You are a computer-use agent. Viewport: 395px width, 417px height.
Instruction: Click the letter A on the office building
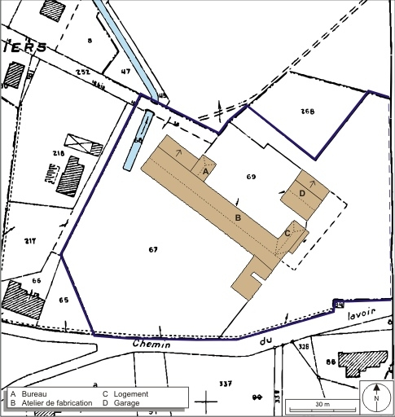pos(205,172)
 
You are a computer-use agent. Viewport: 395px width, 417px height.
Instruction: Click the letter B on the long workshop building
pos(238,217)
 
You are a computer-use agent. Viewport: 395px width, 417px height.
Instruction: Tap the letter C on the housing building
pos(287,233)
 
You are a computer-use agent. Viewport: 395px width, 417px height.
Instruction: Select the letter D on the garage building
pos(302,192)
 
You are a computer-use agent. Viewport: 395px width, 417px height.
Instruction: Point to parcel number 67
pos(152,248)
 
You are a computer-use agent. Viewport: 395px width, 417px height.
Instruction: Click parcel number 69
pos(251,176)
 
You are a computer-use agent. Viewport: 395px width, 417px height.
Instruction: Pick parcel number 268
pos(307,111)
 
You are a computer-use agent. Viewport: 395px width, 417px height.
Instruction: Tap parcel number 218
pos(58,153)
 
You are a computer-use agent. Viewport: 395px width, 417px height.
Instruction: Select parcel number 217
pos(30,240)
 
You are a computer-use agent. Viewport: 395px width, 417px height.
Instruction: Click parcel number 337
pos(226,382)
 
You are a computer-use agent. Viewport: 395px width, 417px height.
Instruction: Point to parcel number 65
pos(64,300)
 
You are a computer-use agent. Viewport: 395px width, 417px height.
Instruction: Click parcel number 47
pos(125,72)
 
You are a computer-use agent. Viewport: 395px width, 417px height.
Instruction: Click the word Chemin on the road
pos(151,345)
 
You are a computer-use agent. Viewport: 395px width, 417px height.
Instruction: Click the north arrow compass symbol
pos(376,397)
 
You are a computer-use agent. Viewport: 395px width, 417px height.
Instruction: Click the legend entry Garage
pos(126,403)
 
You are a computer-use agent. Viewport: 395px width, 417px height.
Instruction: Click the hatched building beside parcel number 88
pos(362,361)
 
